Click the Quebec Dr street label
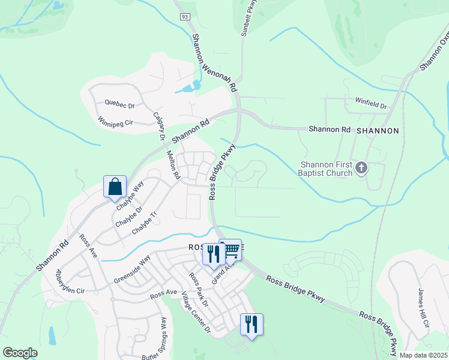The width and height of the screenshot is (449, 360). coord(119,103)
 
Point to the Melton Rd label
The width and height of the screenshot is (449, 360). coord(173,164)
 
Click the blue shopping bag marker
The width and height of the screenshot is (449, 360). coord(115,186)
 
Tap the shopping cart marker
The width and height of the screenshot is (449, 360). coord(231,250)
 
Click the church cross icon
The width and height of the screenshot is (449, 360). coord(361,167)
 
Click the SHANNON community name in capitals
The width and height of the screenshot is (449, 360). coord(378,130)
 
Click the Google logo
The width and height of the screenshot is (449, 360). coord(20,353)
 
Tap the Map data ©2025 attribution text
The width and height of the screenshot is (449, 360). coord(423,355)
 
